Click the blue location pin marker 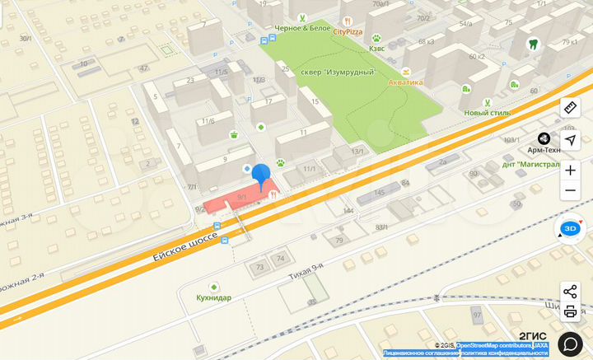pos(260,175)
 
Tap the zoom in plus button pos(570,171)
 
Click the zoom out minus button pos(570,191)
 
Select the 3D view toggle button pos(569,229)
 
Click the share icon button pos(570,291)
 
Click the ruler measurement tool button pos(570,108)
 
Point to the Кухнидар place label pos(213,297)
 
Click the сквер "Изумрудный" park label pos(331,72)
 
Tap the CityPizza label pos(348,31)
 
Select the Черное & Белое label pos(302,28)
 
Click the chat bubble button pos(570,343)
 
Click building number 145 pos(379,192)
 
